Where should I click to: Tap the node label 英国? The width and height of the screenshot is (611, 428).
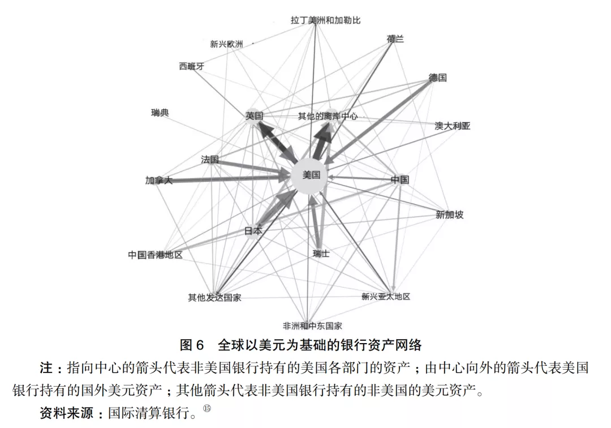coord(254,115)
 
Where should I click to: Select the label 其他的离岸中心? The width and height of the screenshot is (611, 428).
coord(328,116)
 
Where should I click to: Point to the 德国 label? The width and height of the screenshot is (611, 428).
coord(437,78)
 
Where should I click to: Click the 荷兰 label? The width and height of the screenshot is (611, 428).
coord(395,39)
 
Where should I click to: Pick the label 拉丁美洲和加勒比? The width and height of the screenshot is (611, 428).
coord(325,20)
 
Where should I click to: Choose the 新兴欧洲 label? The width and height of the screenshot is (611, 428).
coord(226,44)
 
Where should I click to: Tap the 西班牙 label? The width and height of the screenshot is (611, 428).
coord(191,66)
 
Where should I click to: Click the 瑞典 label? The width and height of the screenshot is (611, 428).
coord(160,113)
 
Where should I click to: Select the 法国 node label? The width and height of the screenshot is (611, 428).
coord(209,160)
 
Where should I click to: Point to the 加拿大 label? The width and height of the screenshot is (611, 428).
coord(158,181)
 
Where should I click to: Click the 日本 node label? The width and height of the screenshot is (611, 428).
coord(253,230)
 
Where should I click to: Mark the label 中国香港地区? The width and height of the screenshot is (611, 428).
coord(155,255)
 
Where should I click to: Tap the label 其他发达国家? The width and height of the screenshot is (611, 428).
coord(214,297)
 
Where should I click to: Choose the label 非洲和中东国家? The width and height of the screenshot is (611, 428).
coord(312,326)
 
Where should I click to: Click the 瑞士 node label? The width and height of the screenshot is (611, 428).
coord(321,254)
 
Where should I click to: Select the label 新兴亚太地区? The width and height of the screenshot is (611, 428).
coord(385,296)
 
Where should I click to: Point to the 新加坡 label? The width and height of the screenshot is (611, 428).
coord(449,215)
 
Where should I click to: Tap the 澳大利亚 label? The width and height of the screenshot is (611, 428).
coord(452,126)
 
